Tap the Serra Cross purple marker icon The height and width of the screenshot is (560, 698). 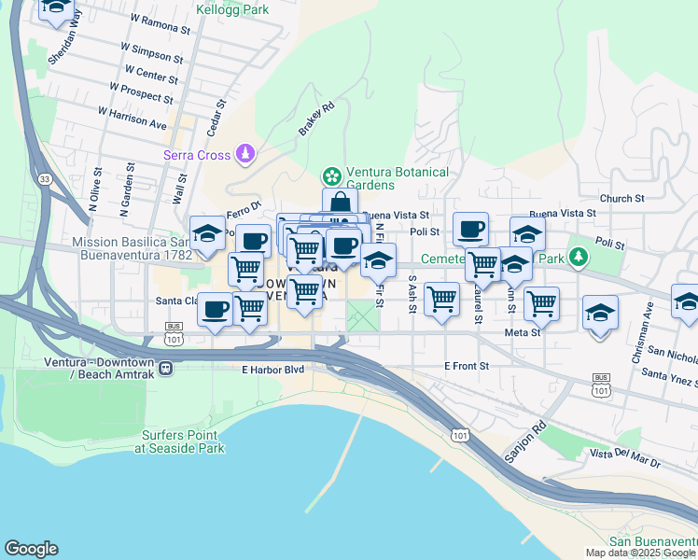244,152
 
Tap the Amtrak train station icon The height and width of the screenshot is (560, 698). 165,368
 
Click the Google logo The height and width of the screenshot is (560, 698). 31,549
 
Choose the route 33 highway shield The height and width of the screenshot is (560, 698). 45,177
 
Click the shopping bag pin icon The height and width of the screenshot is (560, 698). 341,204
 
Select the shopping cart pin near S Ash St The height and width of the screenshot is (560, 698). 441,299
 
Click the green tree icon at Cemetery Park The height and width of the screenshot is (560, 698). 579,256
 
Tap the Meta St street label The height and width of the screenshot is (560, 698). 523,332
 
